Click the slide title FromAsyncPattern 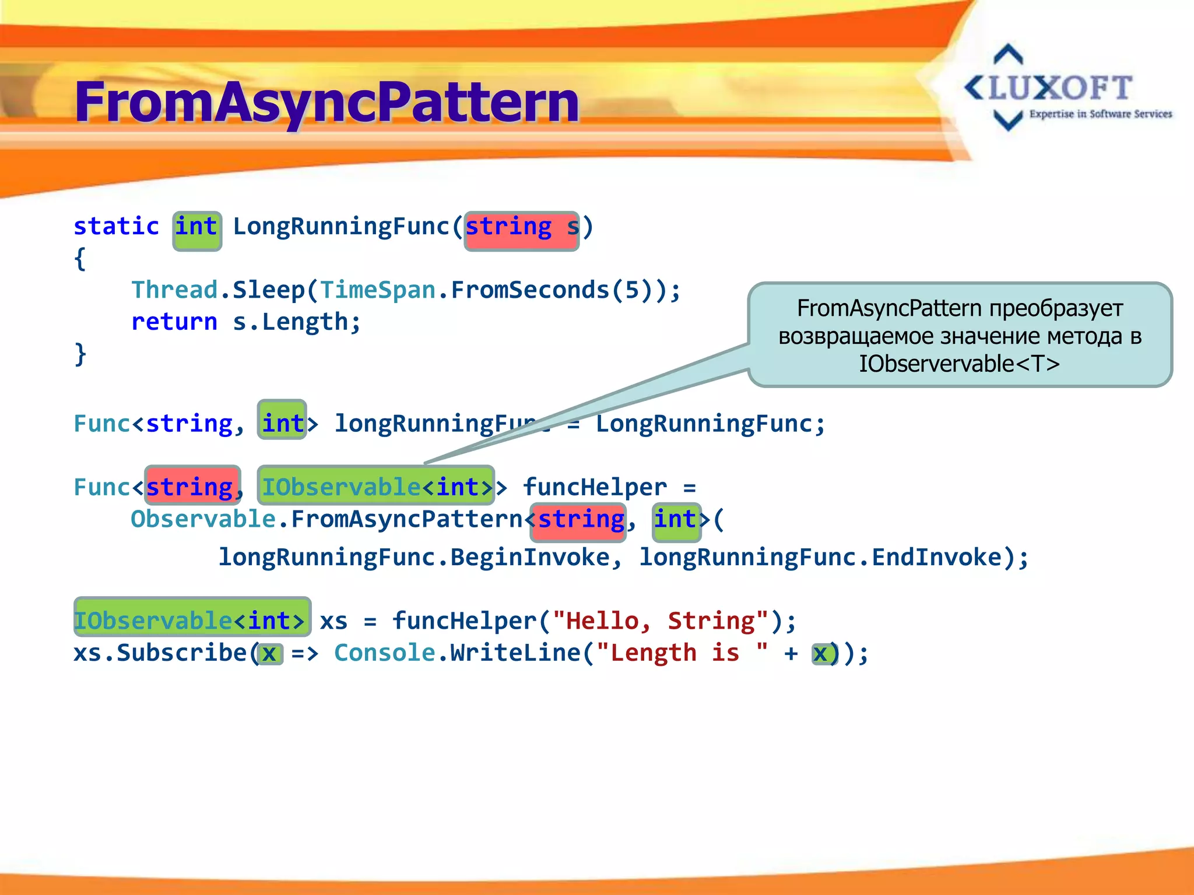point(326,102)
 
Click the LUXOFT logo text point(1060,88)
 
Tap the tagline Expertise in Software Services point(1100,114)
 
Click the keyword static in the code point(116,227)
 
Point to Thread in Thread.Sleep point(174,290)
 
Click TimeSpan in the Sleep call point(378,290)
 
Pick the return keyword point(174,322)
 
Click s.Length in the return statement point(296,322)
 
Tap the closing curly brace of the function point(80,354)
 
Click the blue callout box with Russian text point(959,335)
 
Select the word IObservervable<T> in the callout point(959,364)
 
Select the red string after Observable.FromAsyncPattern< point(580,519)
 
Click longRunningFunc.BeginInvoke point(414,558)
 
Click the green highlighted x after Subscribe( point(270,654)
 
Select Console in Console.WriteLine point(385,653)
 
